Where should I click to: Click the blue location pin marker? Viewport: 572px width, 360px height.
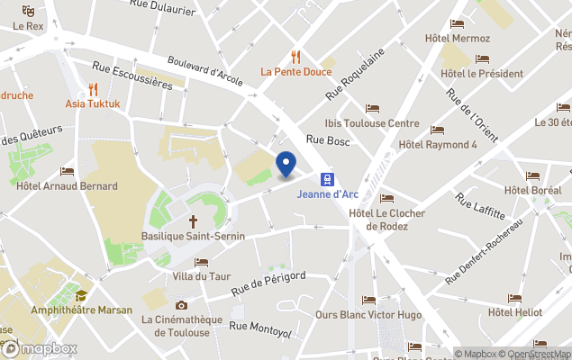(x=286, y=165)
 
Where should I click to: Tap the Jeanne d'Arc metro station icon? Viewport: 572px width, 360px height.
(x=326, y=179)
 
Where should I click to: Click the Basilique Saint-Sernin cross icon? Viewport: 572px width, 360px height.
(x=193, y=220)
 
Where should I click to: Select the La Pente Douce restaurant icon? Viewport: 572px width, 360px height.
(x=295, y=56)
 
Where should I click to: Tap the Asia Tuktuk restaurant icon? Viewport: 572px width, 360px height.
(x=93, y=88)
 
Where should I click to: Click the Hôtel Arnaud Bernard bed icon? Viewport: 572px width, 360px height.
(x=67, y=171)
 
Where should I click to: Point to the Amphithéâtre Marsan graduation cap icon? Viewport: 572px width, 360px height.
(x=81, y=295)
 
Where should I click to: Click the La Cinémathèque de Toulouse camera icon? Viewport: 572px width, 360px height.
(x=181, y=305)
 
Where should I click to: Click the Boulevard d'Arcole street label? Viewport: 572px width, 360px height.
(x=204, y=67)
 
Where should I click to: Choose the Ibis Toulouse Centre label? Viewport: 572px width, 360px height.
(x=372, y=123)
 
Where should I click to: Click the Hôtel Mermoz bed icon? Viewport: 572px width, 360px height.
(x=458, y=24)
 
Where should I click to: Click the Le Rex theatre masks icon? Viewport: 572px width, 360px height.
(x=28, y=11)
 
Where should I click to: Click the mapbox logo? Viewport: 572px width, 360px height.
(x=40, y=348)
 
